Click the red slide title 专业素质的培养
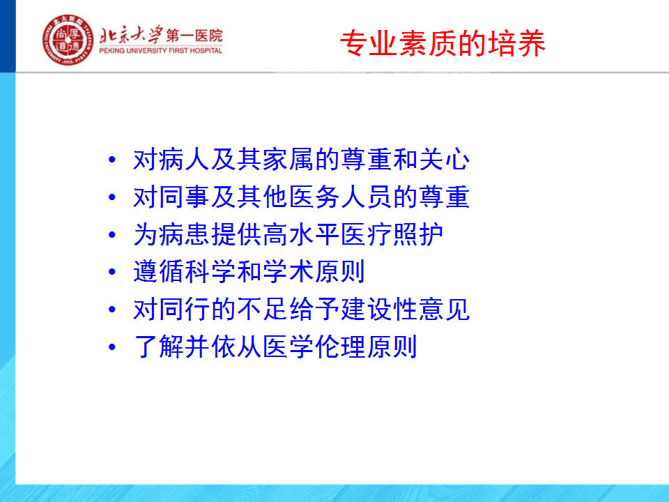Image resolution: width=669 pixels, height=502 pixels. pyautogui.click(x=443, y=43)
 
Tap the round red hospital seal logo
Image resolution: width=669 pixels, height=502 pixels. pyautogui.click(x=68, y=40)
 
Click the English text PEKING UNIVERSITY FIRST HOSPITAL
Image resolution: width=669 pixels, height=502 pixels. pyautogui.click(x=161, y=50)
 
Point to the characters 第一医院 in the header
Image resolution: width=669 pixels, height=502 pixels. pyautogui.click(x=194, y=36)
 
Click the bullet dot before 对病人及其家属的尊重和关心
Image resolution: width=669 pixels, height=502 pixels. pyautogui.click(x=112, y=160)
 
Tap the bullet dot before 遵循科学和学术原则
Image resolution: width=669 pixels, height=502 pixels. pyautogui.click(x=112, y=272)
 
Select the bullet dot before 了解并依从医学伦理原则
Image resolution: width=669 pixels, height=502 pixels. pyautogui.click(x=112, y=347)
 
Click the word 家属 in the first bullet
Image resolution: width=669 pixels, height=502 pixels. pyautogui.click(x=289, y=159)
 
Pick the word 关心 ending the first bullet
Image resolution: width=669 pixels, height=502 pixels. pyautogui.click(x=445, y=159)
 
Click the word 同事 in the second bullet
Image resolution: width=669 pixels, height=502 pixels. pyautogui.click(x=185, y=197)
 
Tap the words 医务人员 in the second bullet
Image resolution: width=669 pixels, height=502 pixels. pyautogui.click(x=341, y=197)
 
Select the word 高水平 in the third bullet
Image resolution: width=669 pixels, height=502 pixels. pyautogui.click(x=302, y=234)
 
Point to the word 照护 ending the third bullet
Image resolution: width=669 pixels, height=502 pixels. pyautogui.click(x=418, y=234)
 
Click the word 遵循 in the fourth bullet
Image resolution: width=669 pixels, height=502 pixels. pyautogui.click(x=159, y=271)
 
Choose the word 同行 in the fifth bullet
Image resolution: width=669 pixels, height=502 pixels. pyautogui.click(x=185, y=309)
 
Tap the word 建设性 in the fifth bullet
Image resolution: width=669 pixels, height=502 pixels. pyautogui.click(x=380, y=309)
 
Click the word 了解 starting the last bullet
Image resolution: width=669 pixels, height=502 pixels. pyautogui.click(x=159, y=347)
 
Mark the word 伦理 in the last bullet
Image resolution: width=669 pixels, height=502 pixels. pyautogui.click(x=341, y=347)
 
